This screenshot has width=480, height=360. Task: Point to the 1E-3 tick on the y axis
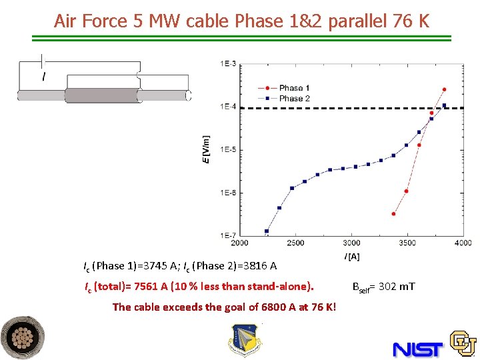click(x=227, y=63)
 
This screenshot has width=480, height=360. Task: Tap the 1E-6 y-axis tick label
click(x=227, y=193)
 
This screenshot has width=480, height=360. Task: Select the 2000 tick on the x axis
click(x=239, y=243)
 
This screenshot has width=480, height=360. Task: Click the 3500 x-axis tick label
click(x=407, y=243)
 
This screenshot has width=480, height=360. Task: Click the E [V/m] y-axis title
click(x=207, y=149)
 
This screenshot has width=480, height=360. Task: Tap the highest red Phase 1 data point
click(x=444, y=89)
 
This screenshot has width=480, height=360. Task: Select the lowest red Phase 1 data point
click(x=393, y=214)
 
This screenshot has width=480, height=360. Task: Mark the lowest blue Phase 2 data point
click(x=267, y=231)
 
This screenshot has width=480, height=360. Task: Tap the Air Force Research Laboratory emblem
click(x=244, y=340)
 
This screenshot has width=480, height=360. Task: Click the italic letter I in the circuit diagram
click(x=44, y=77)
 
